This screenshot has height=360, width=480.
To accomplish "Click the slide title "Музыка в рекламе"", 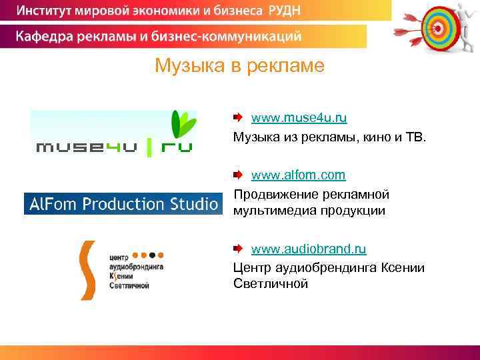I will click(239, 66).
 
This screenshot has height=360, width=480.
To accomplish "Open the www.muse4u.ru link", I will click(299, 118).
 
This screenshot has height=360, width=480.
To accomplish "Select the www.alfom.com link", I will click(298, 175).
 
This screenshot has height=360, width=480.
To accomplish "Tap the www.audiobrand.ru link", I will click(309, 249).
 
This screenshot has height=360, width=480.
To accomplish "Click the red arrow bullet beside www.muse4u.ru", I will click(239, 118).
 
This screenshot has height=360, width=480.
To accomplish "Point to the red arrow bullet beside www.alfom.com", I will click(239, 175).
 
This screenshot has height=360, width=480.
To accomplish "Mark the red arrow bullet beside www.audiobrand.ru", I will click(239, 249).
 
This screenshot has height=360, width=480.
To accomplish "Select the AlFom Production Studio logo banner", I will click(122, 203).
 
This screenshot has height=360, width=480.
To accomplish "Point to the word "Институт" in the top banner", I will click(46, 11).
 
